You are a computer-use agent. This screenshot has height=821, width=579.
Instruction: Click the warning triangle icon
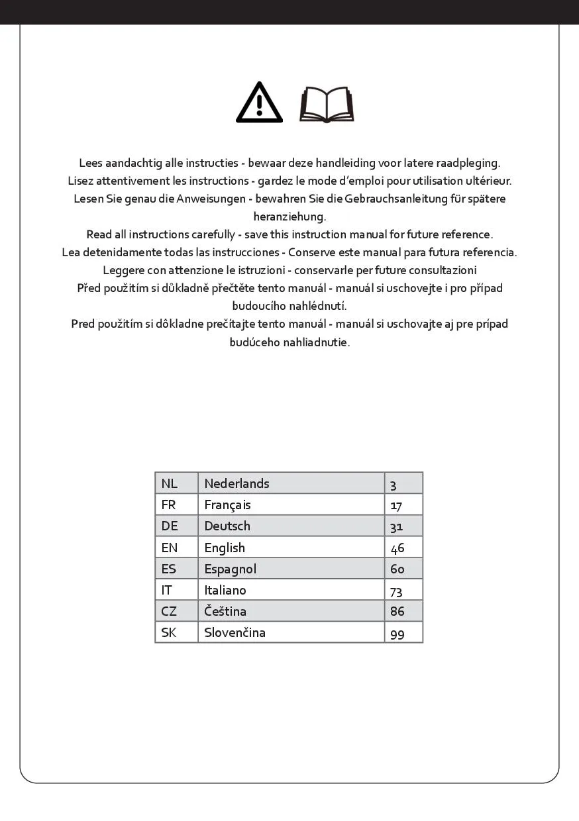260,103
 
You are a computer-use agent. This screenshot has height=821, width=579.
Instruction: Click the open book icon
327,105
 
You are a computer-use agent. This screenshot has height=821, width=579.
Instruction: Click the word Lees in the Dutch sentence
91,163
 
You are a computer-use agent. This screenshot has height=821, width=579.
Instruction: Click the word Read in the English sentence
99,234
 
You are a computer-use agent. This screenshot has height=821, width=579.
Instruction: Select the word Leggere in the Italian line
123,270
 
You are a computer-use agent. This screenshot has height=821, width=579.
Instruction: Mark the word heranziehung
289,217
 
